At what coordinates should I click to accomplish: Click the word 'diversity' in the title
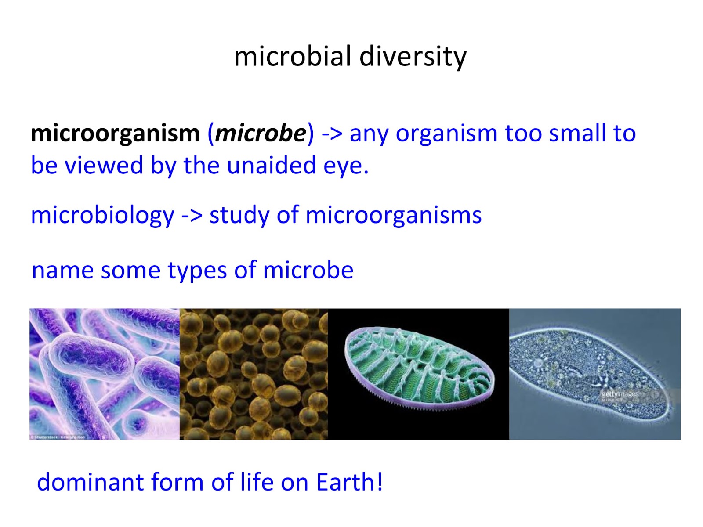(x=413, y=57)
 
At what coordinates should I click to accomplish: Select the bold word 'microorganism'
(x=115, y=133)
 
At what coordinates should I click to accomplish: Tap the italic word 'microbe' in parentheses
(x=261, y=133)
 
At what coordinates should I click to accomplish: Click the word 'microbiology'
(x=102, y=216)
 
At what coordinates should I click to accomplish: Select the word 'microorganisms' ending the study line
(x=393, y=216)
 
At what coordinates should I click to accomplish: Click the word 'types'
(x=197, y=271)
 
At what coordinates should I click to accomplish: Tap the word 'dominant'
(x=90, y=482)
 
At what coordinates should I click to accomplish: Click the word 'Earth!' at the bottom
(x=349, y=482)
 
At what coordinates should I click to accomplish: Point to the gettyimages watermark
(x=620, y=394)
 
